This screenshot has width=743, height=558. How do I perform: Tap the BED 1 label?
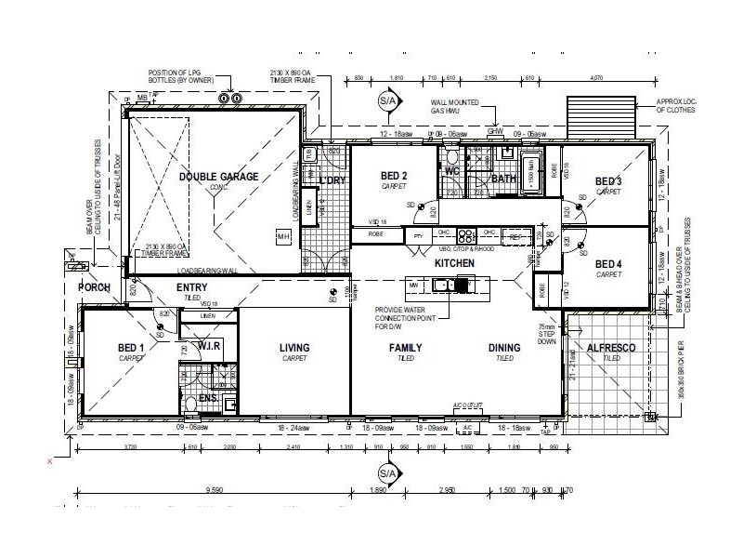(129, 349)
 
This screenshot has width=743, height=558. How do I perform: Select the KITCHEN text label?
(455, 264)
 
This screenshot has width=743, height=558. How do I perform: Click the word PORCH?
(95, 287)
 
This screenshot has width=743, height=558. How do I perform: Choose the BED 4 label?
(608, 263)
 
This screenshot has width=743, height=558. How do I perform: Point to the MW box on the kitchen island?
(414, 286)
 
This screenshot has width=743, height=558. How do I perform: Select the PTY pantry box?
(419, 235)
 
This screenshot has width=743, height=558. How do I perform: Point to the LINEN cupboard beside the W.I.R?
(206, 315)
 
